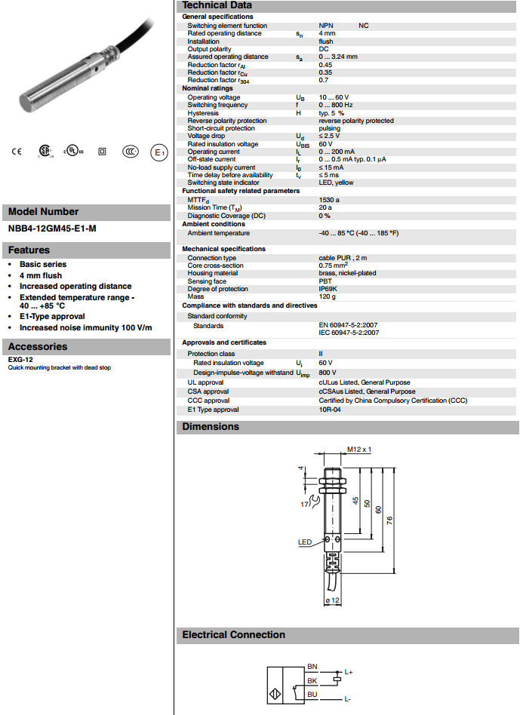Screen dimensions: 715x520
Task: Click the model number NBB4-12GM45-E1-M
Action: point(52,228)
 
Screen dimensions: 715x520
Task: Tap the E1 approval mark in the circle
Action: point(158,152)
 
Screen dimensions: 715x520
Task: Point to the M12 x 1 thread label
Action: point(360,450)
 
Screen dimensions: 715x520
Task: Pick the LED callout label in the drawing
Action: point(305,542)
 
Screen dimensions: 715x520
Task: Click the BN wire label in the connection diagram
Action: point(312,667)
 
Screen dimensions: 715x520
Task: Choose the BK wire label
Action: point(312,680)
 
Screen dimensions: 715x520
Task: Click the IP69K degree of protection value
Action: point(328,290)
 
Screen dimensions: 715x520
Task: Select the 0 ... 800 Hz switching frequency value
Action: point(336,105)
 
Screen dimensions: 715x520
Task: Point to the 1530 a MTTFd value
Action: point(329,200)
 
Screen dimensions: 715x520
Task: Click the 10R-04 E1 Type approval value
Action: point(331,410)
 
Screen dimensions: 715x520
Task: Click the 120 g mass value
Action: point(327,297)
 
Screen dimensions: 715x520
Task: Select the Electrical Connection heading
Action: point(233,635)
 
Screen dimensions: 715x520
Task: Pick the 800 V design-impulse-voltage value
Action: point(328,373)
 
